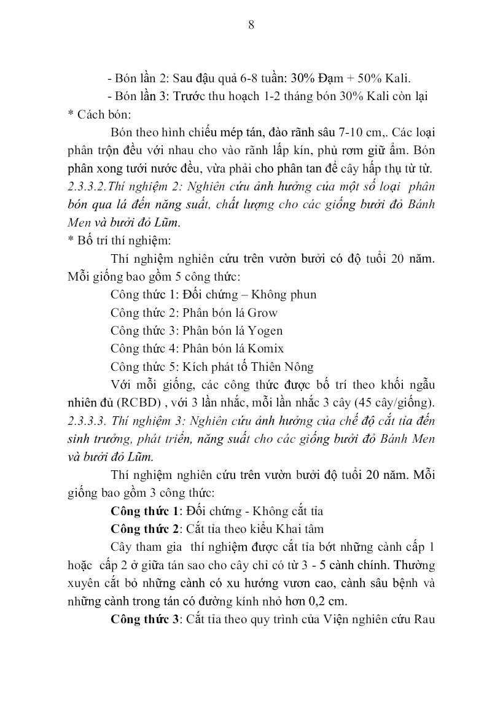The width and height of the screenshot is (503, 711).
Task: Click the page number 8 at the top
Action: pyautogui.click(x=251, y=25)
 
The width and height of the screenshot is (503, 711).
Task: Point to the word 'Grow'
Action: pyautogui.click(x=263, y=312)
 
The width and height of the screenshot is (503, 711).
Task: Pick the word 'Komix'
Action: pyautogui.click(x=265, y=348)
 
